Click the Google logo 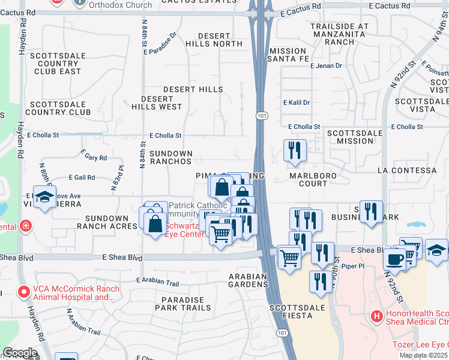tap(20, 353)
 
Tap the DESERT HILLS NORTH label tap(214, 40)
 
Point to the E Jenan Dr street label tap(326, 65)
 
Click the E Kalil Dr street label tap(297, 103)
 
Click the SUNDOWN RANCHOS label tap(171, 157)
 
